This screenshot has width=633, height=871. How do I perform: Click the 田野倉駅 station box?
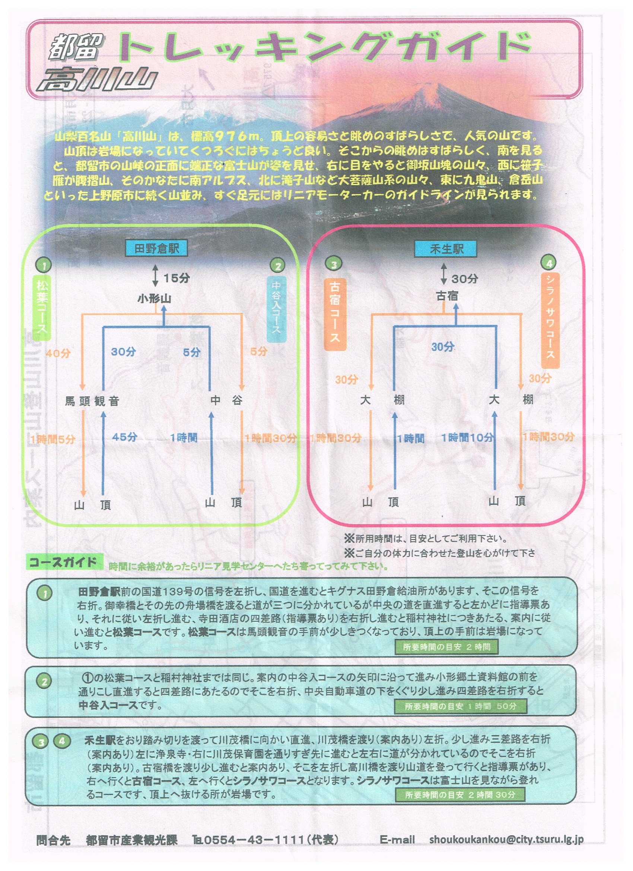coord(156,248)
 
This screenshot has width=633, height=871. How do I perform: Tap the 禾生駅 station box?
coord(445,249)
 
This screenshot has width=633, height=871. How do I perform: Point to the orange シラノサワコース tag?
coord(550,320)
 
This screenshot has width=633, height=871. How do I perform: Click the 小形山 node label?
coord(154,298)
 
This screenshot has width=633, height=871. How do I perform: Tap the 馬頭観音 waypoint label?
coord(92,401)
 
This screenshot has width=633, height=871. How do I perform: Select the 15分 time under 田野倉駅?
coord(176,278)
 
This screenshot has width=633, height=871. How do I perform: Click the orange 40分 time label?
coord(58,353)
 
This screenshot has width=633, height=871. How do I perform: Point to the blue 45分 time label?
coord(125,437)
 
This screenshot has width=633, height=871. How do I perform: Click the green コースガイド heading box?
coord(64,562)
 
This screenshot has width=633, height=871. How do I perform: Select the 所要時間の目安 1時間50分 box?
coord(460,706)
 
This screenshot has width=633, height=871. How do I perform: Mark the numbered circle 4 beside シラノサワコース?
coord(549,263)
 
